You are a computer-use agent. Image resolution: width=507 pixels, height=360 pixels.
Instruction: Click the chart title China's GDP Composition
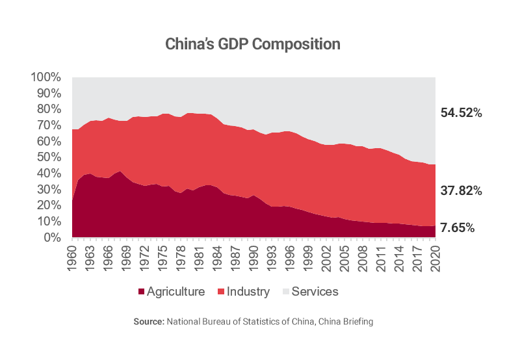click(253, 44)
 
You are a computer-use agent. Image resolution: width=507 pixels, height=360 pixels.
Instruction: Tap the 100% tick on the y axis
click(46, 77)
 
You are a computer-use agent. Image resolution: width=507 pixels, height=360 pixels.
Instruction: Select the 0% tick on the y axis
click(52, 238)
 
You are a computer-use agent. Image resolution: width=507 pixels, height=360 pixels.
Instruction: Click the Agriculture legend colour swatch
click(141, 292)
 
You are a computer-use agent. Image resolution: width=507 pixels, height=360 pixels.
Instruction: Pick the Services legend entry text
click(315, 292)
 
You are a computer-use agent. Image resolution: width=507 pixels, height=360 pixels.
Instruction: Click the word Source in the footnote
click(148, 322)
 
